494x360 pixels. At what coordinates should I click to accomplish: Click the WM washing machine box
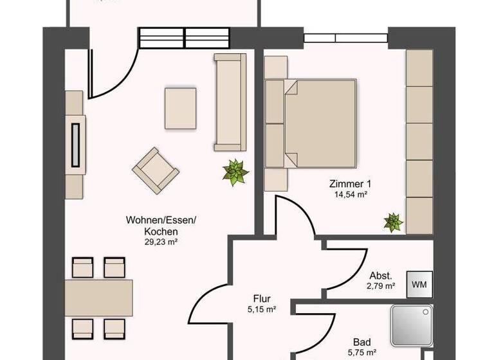pos(419,283)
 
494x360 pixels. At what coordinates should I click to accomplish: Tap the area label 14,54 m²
pos(351,193)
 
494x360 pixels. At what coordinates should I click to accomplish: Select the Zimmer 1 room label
pos(351,183)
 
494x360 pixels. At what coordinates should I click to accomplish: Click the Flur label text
pos(261,299)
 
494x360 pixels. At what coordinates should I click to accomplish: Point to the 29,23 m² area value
pos(161,242)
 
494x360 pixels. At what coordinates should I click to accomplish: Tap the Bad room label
pos(361,342)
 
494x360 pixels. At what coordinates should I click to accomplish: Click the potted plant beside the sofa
pos(235,172)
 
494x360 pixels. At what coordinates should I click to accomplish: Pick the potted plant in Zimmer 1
pos(392,222)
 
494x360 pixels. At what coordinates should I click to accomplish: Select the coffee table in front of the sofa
pos(180,108)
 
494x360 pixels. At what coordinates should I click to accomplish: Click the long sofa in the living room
pos(230,102)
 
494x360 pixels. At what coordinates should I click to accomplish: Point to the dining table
pos(98,297)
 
